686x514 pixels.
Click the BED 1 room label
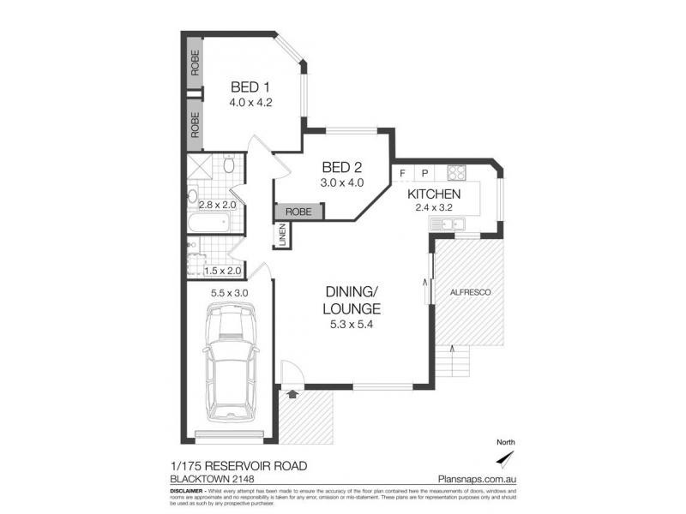250,87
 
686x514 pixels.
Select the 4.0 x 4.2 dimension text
250,102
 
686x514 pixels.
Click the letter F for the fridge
402,172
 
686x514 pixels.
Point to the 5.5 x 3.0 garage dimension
229,293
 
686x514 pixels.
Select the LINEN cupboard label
281,236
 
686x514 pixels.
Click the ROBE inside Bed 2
298,211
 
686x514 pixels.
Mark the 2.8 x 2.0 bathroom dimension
218,206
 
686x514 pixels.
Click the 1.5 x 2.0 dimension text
223,271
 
